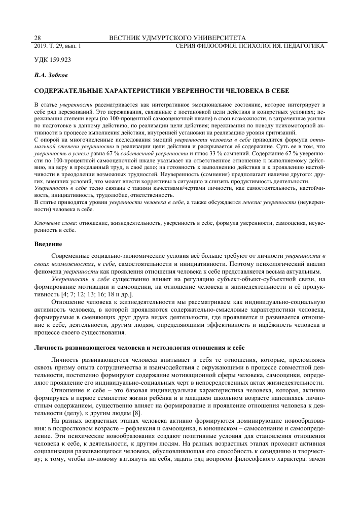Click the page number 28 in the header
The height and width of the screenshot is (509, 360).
point(37,38)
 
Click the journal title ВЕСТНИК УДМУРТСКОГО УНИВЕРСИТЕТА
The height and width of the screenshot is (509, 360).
point(177,38)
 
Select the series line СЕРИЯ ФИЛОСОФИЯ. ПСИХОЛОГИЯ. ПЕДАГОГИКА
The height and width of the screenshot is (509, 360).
point(249,46)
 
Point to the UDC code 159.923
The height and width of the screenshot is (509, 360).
point(52,60)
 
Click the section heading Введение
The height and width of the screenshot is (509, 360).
point(48,244)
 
